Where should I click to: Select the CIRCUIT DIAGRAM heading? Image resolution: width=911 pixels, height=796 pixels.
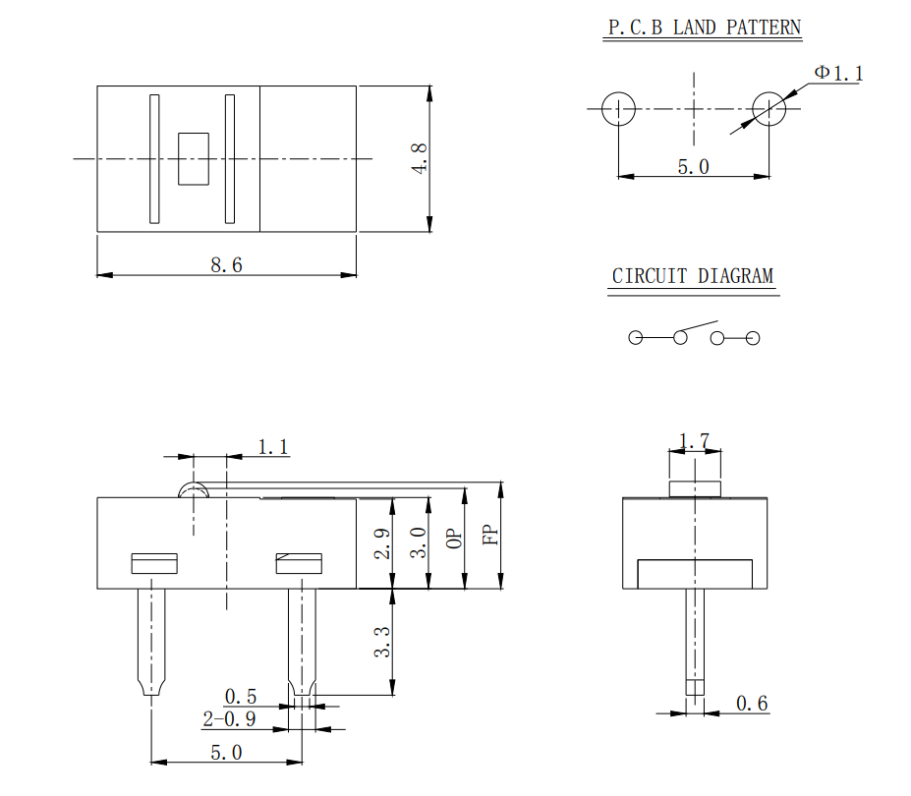pos(693,276)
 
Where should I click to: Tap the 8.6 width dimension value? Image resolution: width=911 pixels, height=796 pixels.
pos(226,264)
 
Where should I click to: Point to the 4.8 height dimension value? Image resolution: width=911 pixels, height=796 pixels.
pos(420,158)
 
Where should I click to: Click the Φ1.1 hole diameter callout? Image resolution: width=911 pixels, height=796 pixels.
pos(838,73)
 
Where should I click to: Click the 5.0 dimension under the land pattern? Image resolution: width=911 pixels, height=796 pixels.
pos(693,166)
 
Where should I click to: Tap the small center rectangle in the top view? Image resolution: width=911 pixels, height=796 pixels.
pos(194,158)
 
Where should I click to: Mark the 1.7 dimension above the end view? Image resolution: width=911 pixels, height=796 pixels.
pos(695,442)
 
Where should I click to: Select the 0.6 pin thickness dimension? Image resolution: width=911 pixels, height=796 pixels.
pos(752,703)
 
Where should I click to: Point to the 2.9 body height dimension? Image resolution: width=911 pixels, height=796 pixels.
pos(383,543)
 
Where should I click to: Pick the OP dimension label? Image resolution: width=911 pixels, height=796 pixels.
pos(453,538)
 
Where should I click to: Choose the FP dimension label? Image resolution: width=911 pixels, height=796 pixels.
pos(490,534)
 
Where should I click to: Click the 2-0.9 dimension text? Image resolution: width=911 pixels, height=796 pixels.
pos(229,719)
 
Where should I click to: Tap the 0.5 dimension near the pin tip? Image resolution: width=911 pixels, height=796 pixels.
pos(241,696)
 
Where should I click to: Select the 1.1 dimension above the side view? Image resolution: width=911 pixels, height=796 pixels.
pos(273,447)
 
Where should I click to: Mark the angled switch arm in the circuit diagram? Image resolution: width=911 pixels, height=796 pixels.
pos(699,327)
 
